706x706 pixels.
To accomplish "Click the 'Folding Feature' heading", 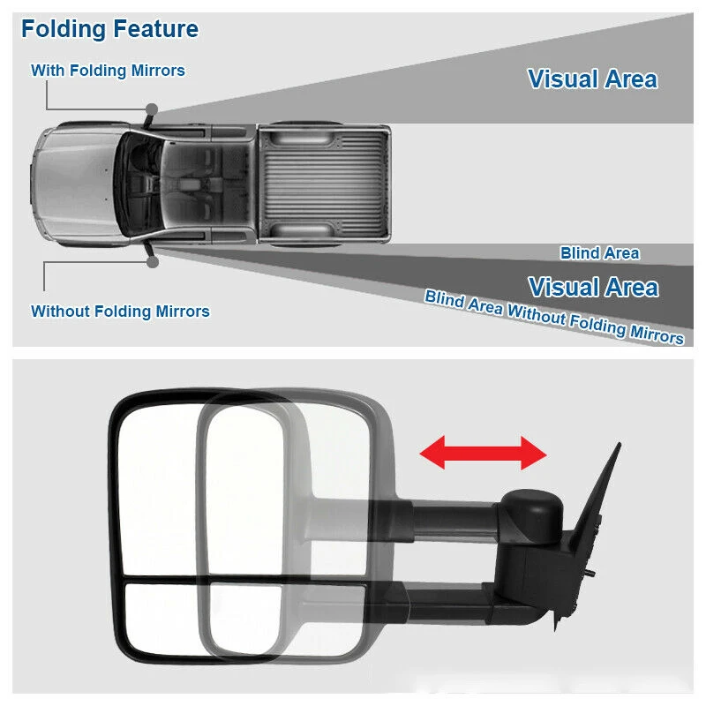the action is pos(109,29).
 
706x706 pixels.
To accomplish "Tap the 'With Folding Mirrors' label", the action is pos(108,71).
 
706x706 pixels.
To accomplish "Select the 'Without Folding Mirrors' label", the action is pos(120,312).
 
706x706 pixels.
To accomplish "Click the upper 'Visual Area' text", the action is pos(592,79).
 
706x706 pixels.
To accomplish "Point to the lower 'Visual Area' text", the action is pos(593,287).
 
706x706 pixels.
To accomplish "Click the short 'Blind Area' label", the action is pos(599,253).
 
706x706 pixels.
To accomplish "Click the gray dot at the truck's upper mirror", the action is pos(152,109).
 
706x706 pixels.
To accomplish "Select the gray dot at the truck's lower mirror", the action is pos(153,261).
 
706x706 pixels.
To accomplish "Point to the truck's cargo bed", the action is pos(323,184).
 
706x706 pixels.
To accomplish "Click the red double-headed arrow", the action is pos(483,453).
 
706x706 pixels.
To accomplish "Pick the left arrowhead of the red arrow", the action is pos(432,453).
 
